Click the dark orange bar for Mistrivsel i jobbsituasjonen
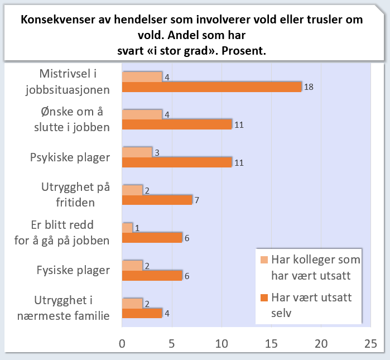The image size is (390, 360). click(211, 87)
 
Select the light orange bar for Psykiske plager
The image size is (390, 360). click(137, 152)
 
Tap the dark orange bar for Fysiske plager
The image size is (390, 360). click(152, 276)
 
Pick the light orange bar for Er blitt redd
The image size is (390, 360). click(127, 228)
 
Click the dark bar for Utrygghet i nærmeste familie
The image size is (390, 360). click(142, 313)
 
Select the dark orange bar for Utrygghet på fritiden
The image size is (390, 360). click(157, 200)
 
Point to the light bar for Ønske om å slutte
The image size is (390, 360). click(142, 114)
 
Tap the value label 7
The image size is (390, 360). click(197, 200)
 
